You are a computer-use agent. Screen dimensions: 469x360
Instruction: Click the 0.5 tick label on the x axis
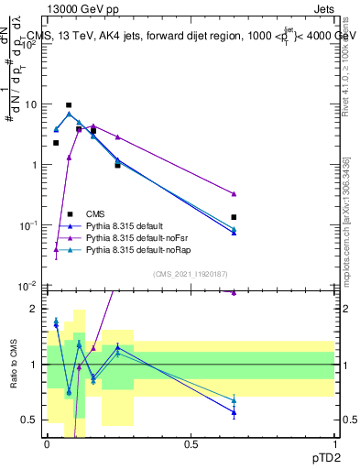coord(191,444)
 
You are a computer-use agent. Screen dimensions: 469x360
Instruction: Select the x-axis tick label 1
coord(335,444)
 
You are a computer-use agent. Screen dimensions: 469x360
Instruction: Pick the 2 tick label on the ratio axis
coord(36,309)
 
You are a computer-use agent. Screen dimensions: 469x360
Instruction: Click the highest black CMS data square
coord(69,105)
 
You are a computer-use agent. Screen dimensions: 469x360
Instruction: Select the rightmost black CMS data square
coord(235,217)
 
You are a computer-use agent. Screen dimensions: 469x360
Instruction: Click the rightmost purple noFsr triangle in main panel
coord(235,193)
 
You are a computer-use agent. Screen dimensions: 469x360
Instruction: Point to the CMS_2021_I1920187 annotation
coord(191,274)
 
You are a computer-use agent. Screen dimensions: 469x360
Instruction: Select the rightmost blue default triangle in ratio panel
coord(235,412)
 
